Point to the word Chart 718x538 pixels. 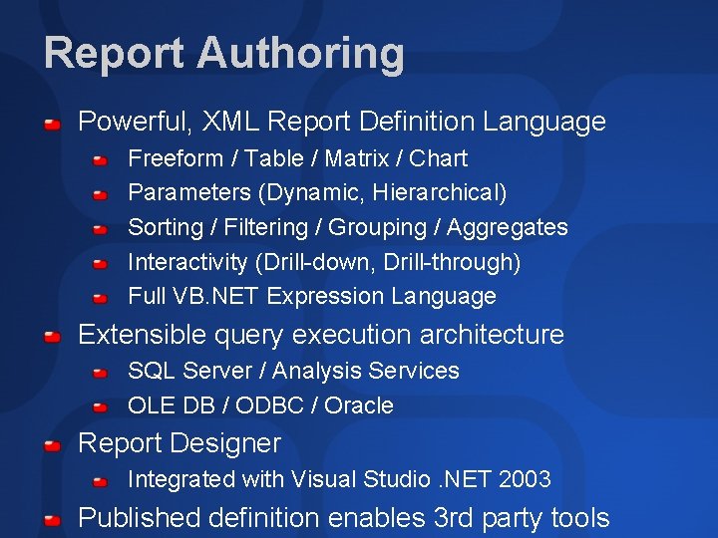439,158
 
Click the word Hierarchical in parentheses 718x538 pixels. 441,192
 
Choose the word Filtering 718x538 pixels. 266,227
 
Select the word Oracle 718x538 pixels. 359,405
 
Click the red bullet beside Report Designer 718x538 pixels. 52,444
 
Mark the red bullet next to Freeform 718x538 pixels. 101,159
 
